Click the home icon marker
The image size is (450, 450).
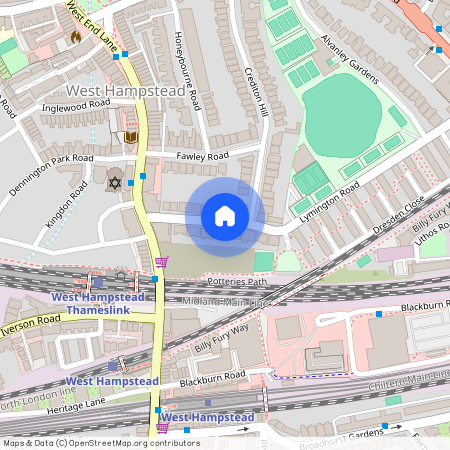click(225, 216)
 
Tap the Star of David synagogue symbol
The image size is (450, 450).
click(114, 182)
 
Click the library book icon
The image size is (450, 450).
click(131, 137)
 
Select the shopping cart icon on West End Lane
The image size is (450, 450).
click(161, 262)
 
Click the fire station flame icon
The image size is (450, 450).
click(75, 38)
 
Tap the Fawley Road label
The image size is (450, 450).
click(203, 155)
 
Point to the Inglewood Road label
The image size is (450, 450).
click(76, 104)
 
